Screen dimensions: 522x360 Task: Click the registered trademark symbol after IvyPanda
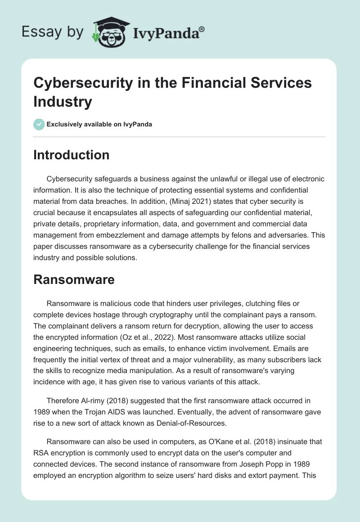[202, 29]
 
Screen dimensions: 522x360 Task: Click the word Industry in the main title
[63, 101]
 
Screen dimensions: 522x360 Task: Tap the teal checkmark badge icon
[39, 124]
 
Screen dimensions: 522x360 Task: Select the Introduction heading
[71, 155]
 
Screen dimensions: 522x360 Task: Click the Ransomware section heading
[74, 279]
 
